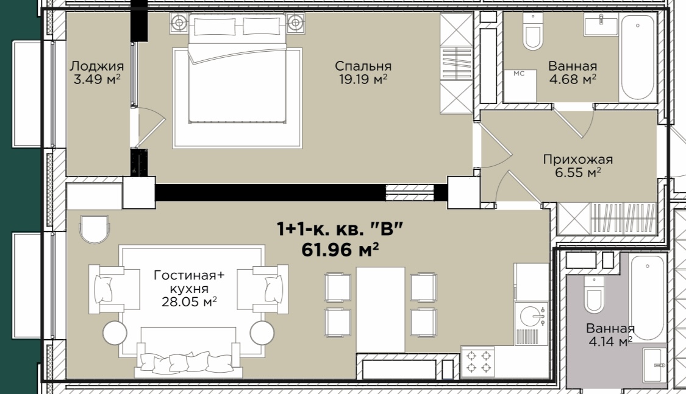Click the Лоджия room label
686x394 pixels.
(97, 66)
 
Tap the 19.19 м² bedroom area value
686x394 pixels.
(363, 79)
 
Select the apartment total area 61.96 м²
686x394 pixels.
(340, 250)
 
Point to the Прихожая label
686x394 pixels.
(577, 159)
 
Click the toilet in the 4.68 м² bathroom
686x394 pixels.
(533, 32)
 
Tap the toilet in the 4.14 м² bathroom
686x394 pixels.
(594, 294)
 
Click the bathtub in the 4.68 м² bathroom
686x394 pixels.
(638, 58)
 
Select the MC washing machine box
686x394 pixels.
(520, 86)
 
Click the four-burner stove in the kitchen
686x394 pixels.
(478, 362)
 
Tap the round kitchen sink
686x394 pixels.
(531, 316)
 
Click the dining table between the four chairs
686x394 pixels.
(380, 309)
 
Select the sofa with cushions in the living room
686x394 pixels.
(188, 353)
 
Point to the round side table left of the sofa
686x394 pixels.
(115, 333)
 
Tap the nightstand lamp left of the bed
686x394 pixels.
(179, 23)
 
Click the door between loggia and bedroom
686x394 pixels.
(149, 127)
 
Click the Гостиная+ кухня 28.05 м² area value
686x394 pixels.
(189, 302)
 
